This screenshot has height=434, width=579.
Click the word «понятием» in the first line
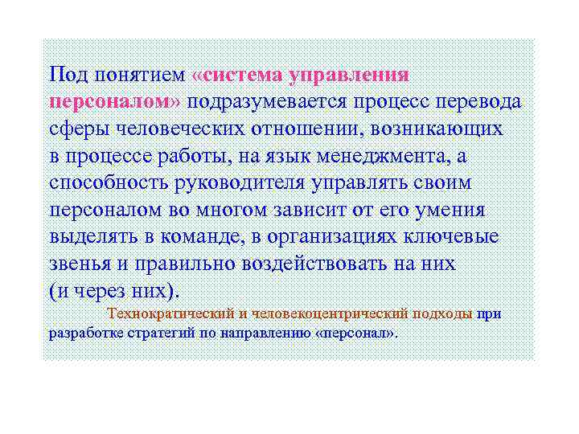tap(140, 76)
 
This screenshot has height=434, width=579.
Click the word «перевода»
tap(482, 102)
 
